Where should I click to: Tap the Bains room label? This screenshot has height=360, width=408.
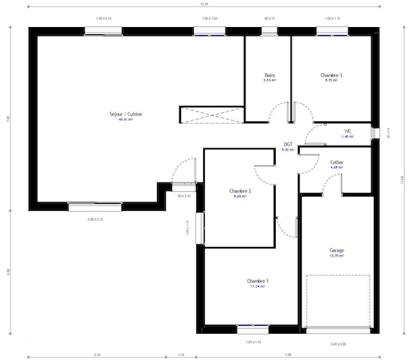click(x=269, y=75)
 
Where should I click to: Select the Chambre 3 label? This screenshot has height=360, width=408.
click(x=331, y=75)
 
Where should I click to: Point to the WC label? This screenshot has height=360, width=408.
click(x=347, y=131)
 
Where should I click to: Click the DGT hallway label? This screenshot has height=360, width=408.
click(x=288, y=144)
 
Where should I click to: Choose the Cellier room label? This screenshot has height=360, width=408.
click(x=336, y=162)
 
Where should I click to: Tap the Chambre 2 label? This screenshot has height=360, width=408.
click(x=240, y=191)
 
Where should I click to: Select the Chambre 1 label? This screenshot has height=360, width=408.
click(x=257, y=281)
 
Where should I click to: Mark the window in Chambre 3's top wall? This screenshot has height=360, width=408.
click(x=330, y=32)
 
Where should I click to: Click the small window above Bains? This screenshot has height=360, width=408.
click(x=269, y=32)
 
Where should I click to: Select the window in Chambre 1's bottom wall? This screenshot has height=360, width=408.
click(x=252, y=327)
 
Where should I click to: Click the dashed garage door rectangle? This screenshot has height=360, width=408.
click(x=339, y=301)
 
